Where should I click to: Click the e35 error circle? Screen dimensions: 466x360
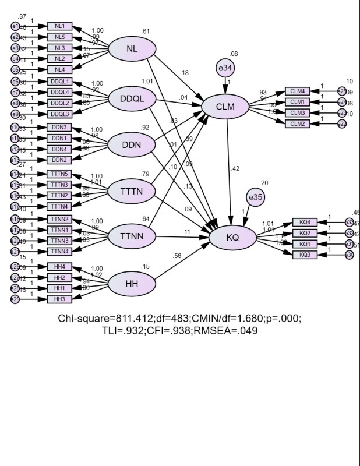click(x=255, y=197)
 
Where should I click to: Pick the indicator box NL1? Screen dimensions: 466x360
click(x=59, y=26)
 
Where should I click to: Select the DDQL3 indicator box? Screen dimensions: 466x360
click(x=59, y=114)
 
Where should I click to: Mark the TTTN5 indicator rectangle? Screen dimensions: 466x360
click(x=59, y=174)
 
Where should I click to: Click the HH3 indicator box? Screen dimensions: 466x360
click(x=59, y=299)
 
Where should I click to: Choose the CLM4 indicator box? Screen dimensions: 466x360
click(x=302, y=91)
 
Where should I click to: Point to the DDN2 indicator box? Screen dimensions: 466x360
click(x=59, y=160)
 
